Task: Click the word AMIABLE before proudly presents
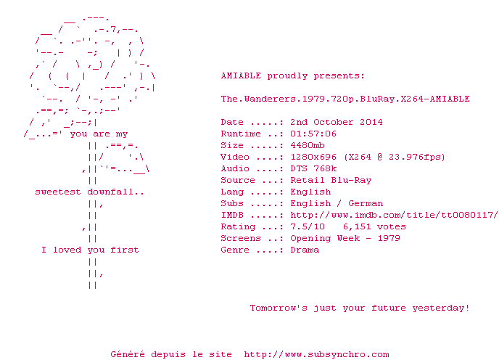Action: pyautogui.click(x=241, y=75)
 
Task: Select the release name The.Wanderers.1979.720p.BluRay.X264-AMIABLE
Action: pyautogui.click(x=345, y=99)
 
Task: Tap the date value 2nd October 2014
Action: pyautogui.click(x=337, y=122)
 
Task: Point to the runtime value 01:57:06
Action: pyautogui.click(x=313, y=134)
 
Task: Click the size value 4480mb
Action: pyautogui.click(x=308, y=145)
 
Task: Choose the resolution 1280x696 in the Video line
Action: pyautogui.click(x=313, y=157)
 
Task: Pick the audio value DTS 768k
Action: pyautogui.click(x=313, y=168)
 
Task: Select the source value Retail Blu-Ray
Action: pyautogui.click(x=331, y=180)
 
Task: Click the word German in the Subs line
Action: pyautogui.click(x=366, y=203)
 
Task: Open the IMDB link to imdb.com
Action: pyautogui.click(x=394, y=215)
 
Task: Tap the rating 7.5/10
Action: pyautogui.click(x=308, y=226)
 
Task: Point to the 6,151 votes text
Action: pyautogui.click(x=374, y=226)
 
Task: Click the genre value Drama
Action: pyautogui.click(x=305, y=250)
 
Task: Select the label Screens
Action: pyautogui.click(x=241, y=238)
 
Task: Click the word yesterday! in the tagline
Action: pyautogui.click(x=441, y=308)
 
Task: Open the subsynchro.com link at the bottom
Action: pyautogui.click(x=316, y=354)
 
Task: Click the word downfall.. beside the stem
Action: pyautogui.click(x=115, y=192)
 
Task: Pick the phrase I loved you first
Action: pyautogui.click(x=90, y=250)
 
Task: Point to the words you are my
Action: pyautogui.click(x=99, y=134)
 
